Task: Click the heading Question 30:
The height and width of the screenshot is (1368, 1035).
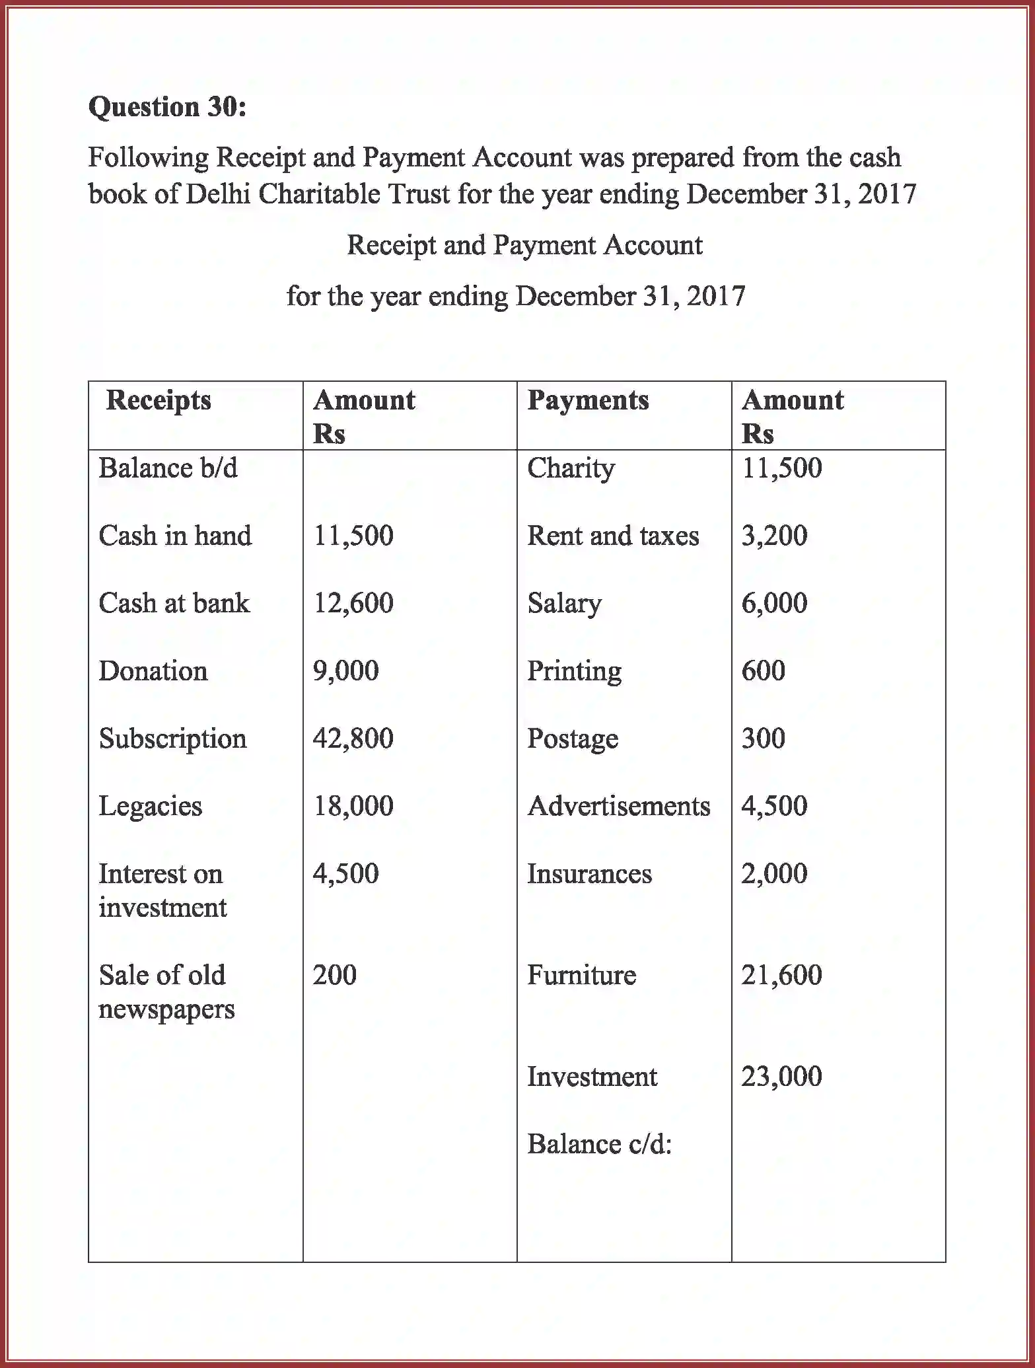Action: tap(167, 107)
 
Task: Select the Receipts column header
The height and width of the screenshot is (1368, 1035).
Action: tap(159, 400)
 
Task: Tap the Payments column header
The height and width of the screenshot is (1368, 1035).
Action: tap(588, 400)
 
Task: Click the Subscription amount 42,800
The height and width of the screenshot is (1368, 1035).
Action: tap(353, 738)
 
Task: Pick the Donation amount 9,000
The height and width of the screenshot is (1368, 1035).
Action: tap(345, 671)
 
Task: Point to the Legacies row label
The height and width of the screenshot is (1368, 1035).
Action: tap(151, 807)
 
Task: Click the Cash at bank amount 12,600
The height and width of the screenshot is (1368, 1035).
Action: tap(353, 603)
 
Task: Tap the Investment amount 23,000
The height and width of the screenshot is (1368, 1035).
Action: tap(781, 1077)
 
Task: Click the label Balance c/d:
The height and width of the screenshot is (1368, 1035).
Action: tap(599, 1144)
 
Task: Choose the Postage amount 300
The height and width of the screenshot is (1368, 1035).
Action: tap(763, 738)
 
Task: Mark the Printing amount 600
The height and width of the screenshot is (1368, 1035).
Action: tap(763, 671)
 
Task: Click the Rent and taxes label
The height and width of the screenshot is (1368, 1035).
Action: tap(613, 536)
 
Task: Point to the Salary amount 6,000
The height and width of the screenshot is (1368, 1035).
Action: tap(774, 603)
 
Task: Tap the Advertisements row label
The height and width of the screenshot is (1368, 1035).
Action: tap(619, 807)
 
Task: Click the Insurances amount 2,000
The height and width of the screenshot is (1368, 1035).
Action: tap(774, 874)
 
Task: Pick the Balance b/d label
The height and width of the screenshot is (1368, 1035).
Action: tap(168, 468)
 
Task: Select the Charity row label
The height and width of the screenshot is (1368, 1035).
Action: tap(571, 468)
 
